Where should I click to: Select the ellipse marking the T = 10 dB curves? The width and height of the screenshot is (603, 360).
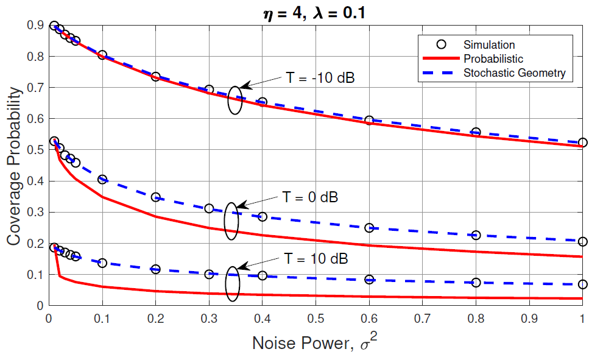[233, 284]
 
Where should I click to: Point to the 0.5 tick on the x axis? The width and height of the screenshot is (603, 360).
[316, 317]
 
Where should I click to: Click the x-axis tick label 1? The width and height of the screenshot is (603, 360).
[582, 317]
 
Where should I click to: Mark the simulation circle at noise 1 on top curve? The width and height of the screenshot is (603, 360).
[582, 143]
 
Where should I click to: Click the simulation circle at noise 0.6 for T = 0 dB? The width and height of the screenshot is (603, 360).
[369, 228]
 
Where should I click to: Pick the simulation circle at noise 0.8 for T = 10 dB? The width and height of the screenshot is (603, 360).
[476, 283]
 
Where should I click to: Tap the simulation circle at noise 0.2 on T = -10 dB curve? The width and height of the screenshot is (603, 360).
[155, 77]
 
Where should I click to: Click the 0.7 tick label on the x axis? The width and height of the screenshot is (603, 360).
[422, 317]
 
